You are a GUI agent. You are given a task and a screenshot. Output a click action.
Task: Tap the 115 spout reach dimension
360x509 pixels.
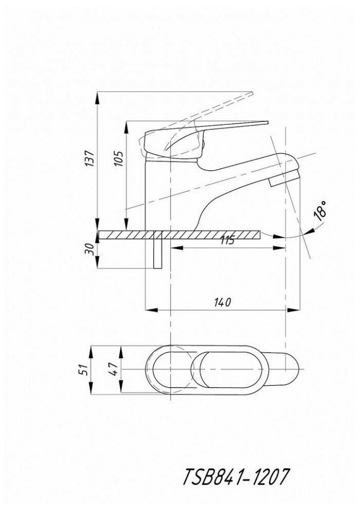click(227, 240)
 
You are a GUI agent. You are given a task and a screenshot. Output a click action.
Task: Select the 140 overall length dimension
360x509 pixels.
click(221, 302)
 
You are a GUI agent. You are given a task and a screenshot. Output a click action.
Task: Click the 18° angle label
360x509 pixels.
click(320, 212)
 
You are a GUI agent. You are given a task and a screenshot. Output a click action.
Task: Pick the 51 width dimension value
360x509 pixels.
click(88, 369)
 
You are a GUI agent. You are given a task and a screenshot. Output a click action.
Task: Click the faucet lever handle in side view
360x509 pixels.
click(206, 134)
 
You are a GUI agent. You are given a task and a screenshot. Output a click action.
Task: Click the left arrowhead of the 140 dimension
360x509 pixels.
click(150, 310)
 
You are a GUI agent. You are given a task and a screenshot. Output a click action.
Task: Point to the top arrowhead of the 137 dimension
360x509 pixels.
click(98, 95)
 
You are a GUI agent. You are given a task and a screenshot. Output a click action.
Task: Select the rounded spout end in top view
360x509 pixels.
click(293, 369)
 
